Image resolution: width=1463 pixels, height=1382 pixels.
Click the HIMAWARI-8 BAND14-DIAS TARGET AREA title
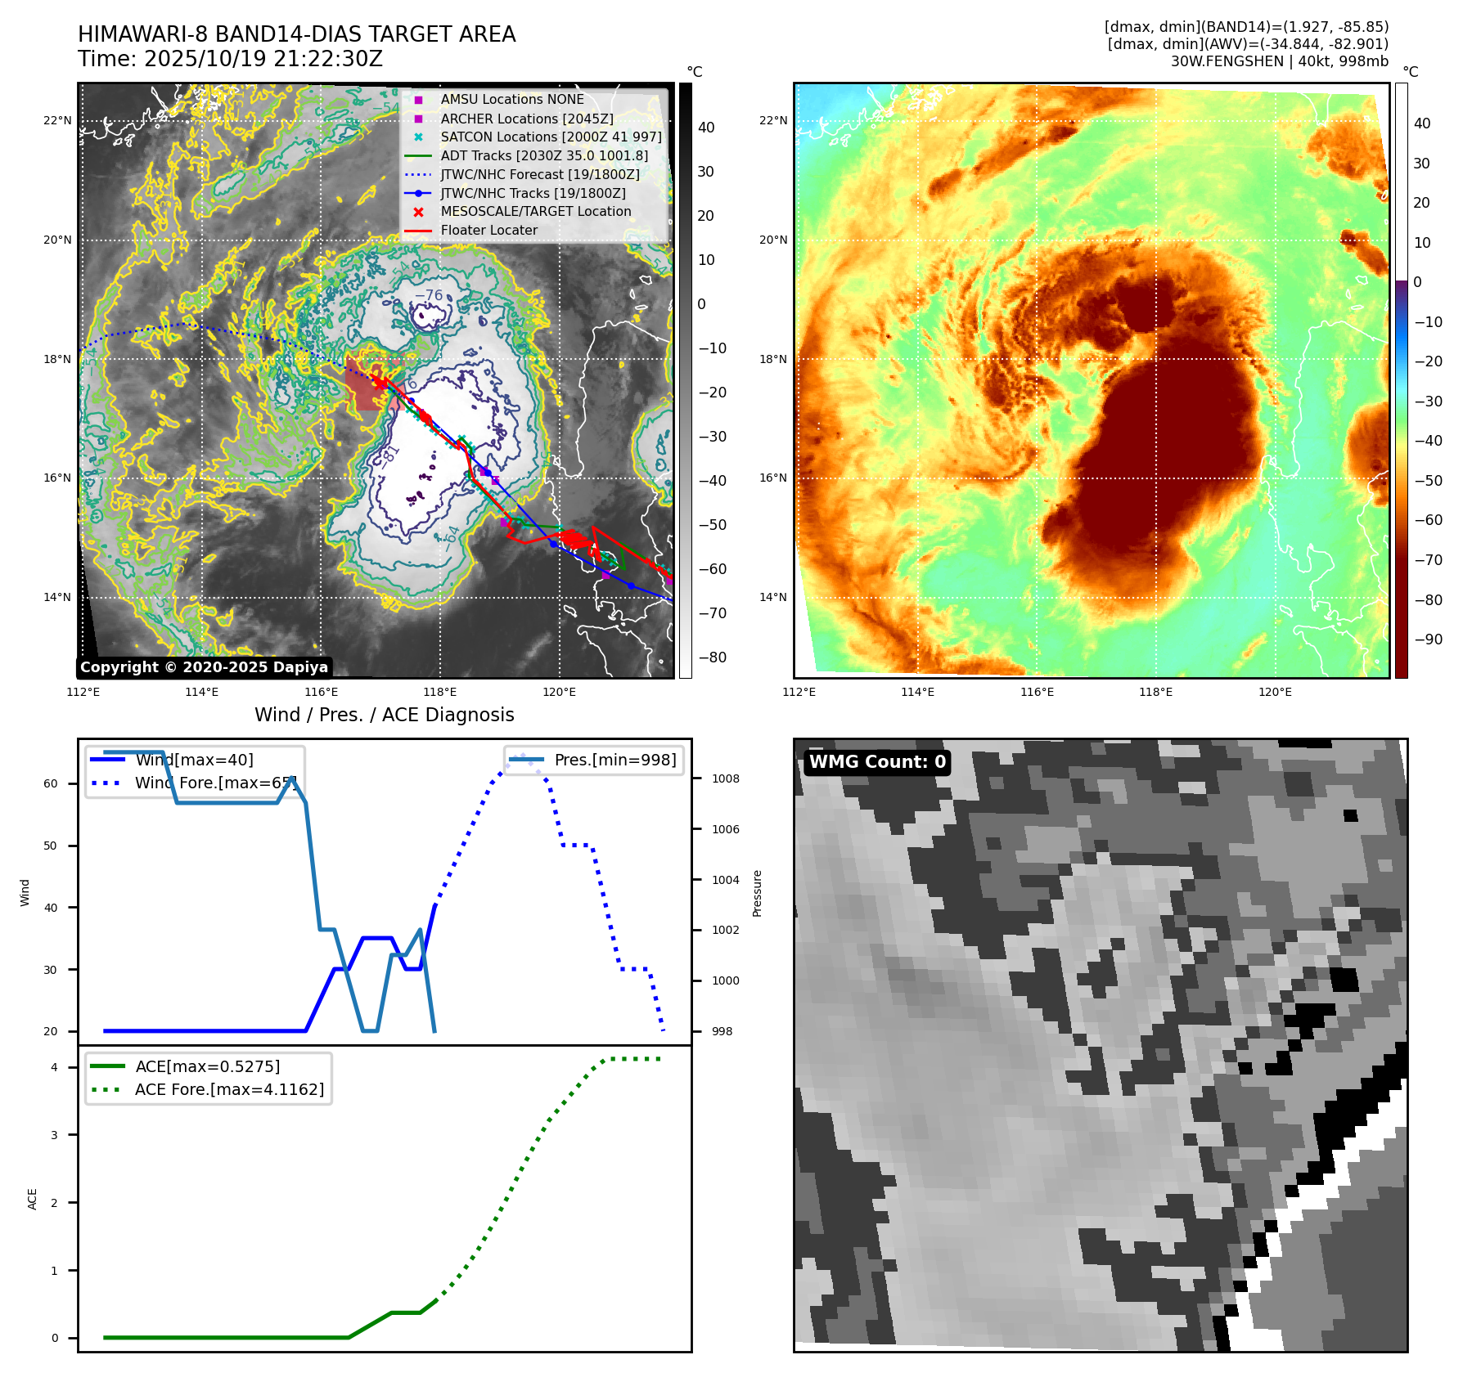click(296, 34)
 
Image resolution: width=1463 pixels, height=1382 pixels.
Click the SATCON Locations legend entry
click(551, 137)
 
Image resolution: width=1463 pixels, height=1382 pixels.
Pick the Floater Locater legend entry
click(488, 231)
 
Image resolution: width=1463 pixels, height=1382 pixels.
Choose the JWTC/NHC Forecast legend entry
click(540, 174)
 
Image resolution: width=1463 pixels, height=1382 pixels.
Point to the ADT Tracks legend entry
click(544, 155)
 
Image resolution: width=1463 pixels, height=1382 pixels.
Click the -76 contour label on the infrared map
click(429, 295)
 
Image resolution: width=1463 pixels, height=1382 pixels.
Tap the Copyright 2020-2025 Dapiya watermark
click(204, 667)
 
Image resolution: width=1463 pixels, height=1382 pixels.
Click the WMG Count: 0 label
click(877, 762)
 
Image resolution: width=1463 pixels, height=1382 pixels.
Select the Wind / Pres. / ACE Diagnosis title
click(384, 715)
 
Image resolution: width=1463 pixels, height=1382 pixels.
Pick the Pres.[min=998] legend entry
click(614, 760)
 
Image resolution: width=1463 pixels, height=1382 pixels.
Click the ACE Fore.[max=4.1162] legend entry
click(229, 1089)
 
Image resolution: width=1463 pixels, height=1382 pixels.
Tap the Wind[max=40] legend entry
click(194, 760)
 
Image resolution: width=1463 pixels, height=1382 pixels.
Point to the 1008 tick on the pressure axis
click(725, 778)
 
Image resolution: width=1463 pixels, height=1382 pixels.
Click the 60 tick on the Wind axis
click(51, 783)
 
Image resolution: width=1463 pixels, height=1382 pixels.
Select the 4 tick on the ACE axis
click(54, 1067)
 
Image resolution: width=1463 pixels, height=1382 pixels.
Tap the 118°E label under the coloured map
click(1155, 692)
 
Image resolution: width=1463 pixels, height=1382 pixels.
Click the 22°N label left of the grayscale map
click(57, 120)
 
